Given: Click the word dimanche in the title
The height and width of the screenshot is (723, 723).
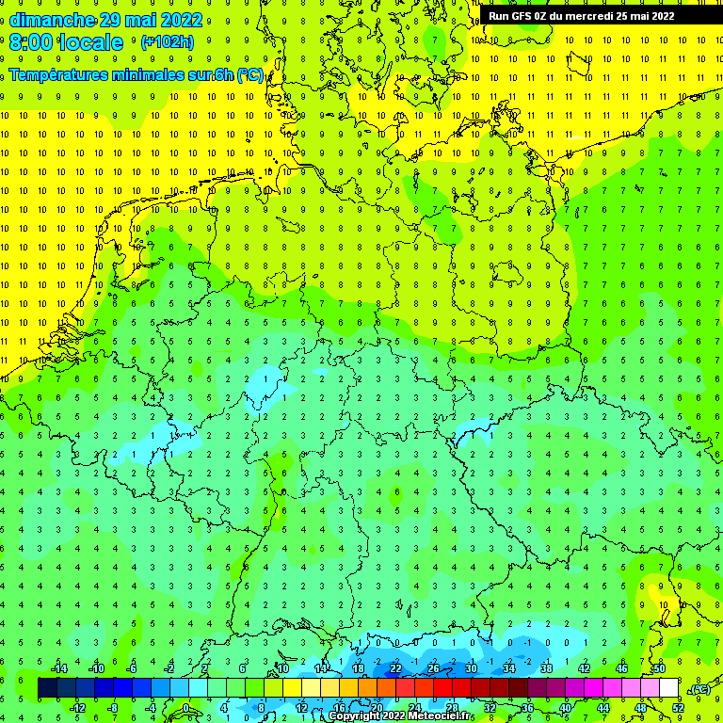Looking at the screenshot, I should tap(52, 20).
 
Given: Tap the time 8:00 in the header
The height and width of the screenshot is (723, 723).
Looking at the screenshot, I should tap(30, 42).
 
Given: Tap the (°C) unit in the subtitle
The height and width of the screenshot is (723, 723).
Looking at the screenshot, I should tap(249, 74).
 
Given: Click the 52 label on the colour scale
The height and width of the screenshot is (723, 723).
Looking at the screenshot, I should tap(678, 708).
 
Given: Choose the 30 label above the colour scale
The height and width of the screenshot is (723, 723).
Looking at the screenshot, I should tap(471, 668).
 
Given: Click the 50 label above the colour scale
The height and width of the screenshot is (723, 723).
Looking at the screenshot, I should tap(659, 668).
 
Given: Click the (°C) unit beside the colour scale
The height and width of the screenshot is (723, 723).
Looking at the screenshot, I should tap(699, 689).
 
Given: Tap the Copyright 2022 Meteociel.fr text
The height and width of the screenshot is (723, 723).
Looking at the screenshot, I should tap(400, 716).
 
